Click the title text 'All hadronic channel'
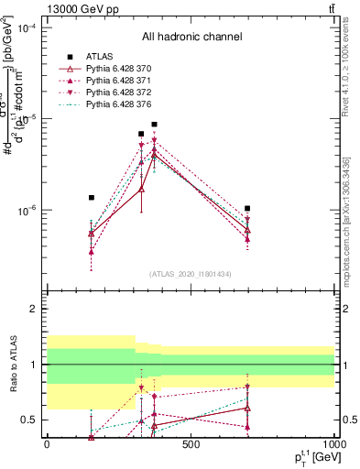191,38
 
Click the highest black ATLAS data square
155,125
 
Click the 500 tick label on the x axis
191,445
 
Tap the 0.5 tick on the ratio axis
29,420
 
